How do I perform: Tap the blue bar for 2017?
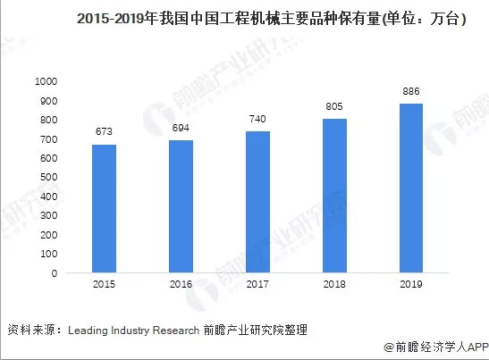tap(257, 202)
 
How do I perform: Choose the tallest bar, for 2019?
tap(410, 188)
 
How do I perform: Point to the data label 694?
tap(181, 129)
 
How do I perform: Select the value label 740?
tap(257, 120)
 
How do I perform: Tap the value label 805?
tap(333, 107)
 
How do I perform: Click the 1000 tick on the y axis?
tap(46, 81)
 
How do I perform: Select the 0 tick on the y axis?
tap(55, 273)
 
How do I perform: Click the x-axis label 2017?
tap(257, 285)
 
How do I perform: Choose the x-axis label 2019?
tap(410, 285)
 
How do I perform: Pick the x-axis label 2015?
tap(104, 285)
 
